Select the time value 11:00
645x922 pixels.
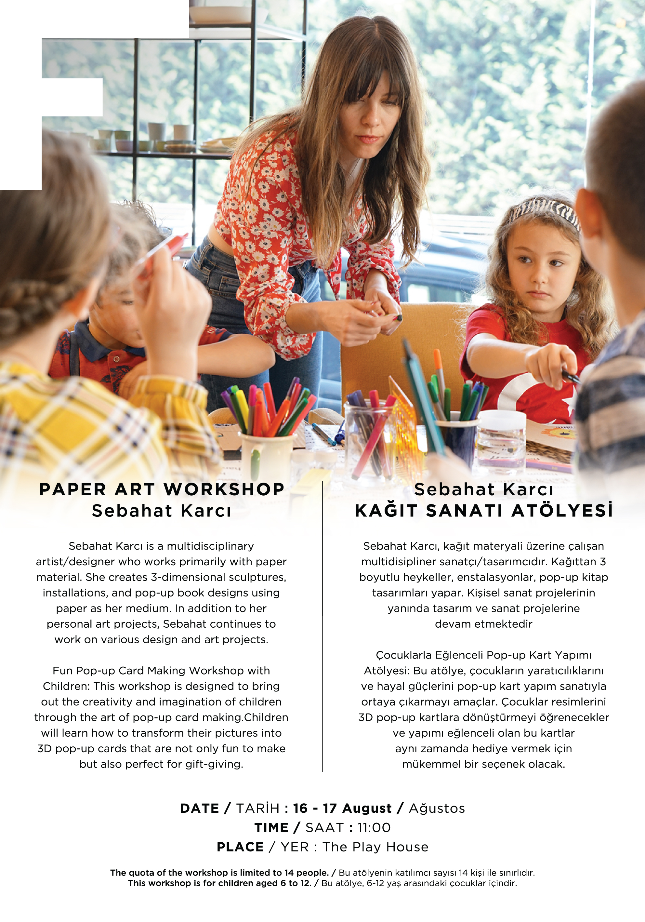(374, 828)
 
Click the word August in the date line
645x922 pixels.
(367, 808)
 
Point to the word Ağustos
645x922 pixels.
(437, 808)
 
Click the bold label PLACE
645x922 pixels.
(240, 847)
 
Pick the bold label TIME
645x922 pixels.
(271, 828)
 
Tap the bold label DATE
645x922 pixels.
(200, 808)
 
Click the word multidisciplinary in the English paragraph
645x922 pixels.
(210, 546)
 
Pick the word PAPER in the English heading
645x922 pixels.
(72, 489)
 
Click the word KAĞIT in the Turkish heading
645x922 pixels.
(386, 511)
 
